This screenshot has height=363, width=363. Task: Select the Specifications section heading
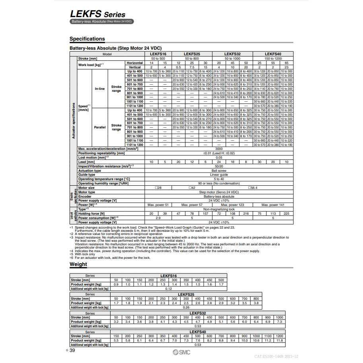click(87, 39)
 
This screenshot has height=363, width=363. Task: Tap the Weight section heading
click(78, 264)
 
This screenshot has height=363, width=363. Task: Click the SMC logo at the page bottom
click(181, 352)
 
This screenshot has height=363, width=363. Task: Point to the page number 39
click(72, 350)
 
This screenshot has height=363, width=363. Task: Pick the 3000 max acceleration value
click(219, 149)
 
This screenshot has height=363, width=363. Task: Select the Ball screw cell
click(219, 171)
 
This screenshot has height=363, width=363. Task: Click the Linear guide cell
click(219, 175)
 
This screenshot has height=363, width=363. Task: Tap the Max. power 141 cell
click(273, 205)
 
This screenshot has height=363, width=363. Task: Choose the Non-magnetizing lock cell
click(219, 209)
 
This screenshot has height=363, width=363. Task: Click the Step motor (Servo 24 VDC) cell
click(219, 192)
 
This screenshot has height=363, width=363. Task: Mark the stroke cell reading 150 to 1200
click(273, 58)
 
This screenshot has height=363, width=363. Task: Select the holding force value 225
click(286, 214)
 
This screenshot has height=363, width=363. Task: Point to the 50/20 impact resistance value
click(219, 166)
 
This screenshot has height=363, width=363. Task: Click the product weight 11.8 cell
click(280, 340)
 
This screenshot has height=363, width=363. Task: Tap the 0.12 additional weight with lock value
click(168, 289)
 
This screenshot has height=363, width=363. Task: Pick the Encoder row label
click(85, 196)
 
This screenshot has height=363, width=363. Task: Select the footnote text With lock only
click(84, 254)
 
